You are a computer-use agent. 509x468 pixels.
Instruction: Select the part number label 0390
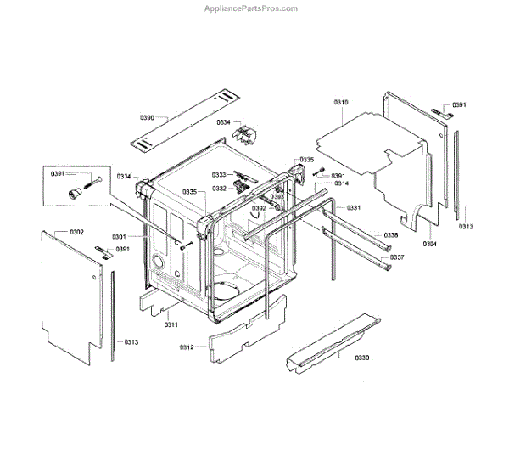pos(147,117)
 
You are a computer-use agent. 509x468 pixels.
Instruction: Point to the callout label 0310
pos(341,102)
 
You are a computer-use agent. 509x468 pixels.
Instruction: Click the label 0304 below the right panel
pos(430,244)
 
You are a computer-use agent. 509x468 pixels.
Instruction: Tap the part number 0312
pos(187,347)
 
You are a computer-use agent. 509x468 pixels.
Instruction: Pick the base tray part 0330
pos(331,340)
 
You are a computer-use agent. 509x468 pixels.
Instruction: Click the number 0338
pos(391,235)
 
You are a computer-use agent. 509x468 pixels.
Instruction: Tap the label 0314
pos(341,183)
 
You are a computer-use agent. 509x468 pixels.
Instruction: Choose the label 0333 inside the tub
pos(219,175)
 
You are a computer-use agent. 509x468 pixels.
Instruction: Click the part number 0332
pos(219,189)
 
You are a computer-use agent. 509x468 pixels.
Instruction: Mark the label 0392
pos(260,208)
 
